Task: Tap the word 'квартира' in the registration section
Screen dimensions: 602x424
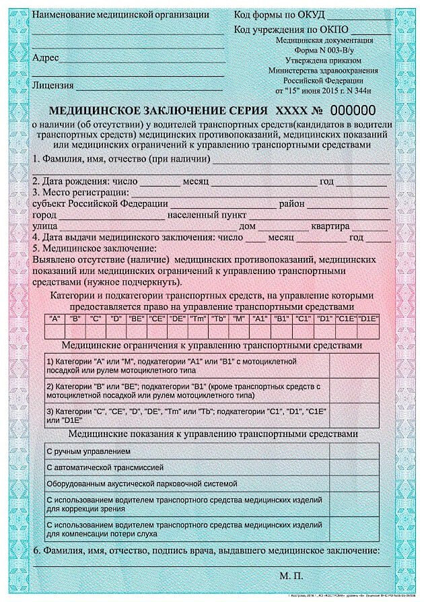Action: [329, 226]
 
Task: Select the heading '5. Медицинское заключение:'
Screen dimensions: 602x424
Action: [94, 248]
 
